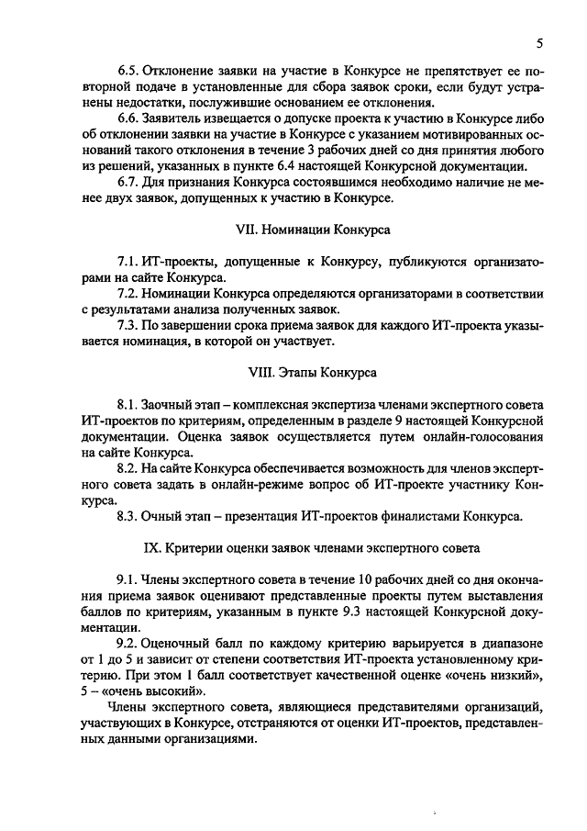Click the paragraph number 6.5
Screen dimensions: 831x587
coord(127,70)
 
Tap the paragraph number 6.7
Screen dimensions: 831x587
coord(127,182)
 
